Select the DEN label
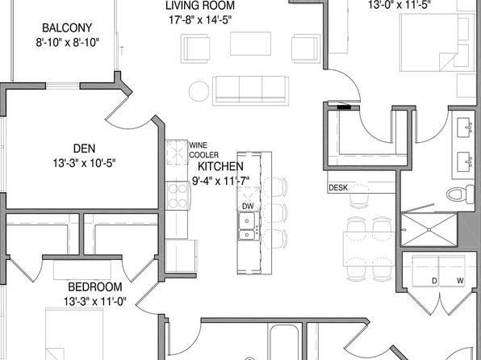click(x=84, y=148)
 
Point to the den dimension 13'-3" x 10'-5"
click(x=84, y=163)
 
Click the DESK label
click(x=338, y=188)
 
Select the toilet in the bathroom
click(x=462, y=194)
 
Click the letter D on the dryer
click(x=433, y=280)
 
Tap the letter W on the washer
click(x=459, y=280)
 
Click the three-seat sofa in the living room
click(x=250, y=89)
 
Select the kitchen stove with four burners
click(x=177, y=194)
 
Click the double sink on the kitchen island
click(x=248, y=234)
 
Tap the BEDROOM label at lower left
click(x=94, y=287)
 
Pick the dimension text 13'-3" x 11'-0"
click(x=94, y=302)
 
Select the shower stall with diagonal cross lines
click(x=429, y=230)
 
